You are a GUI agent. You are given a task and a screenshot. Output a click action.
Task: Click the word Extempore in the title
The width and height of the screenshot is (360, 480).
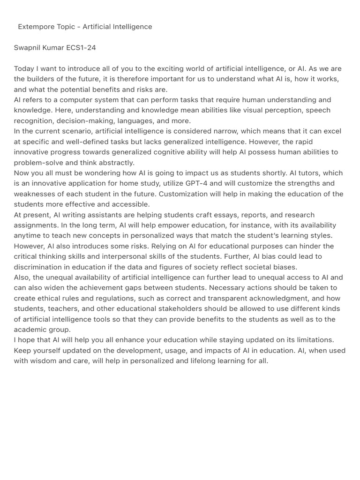pyautogui.click(x=36, y=27)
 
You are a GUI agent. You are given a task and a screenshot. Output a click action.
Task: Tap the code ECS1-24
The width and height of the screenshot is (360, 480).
pyautogui.click(x=81, y=48)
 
